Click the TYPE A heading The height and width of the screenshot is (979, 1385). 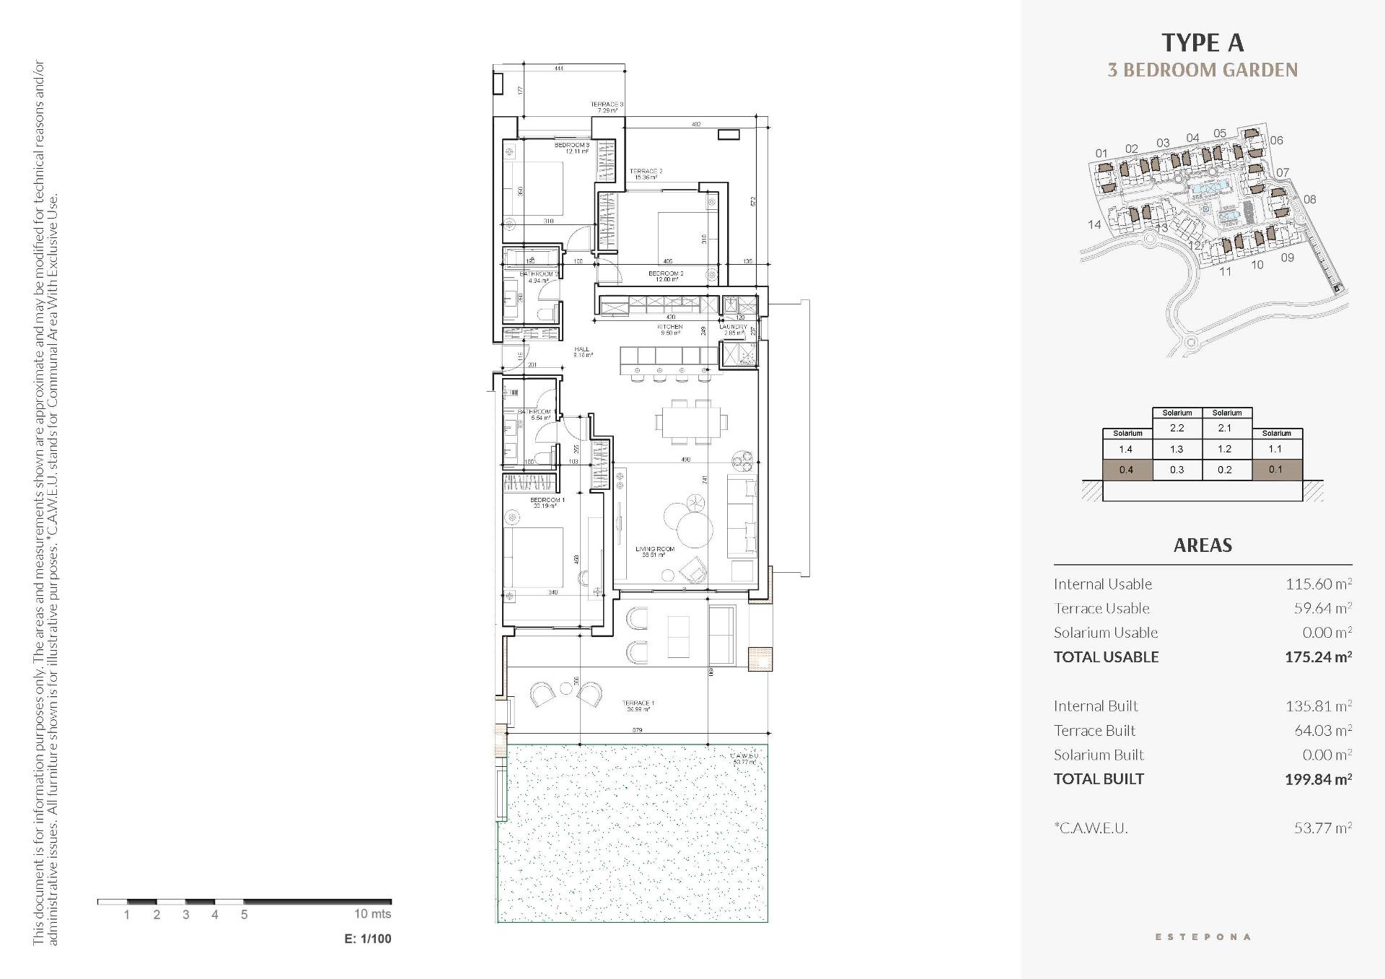coord(1202,43)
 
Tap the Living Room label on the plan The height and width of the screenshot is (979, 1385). coord(655,550)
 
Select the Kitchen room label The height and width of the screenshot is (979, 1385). coord(669,328)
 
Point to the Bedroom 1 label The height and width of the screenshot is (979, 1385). coord(547,501)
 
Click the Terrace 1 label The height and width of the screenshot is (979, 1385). coord(638,703)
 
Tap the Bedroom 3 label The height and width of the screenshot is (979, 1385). coord(572,146)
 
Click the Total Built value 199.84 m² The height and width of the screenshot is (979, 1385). coord(1317,779)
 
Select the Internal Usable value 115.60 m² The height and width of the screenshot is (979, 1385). coord(1318,584)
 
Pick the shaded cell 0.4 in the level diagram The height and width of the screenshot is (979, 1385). coord(1126,470)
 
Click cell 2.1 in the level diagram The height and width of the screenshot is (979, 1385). coord(1225,428)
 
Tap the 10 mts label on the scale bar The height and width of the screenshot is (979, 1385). coord(372,914)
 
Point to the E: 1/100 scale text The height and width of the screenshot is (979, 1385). coord(368,939)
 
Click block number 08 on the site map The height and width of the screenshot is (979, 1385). coord(1309,200)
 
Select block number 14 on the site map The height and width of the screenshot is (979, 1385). coord(1094,225)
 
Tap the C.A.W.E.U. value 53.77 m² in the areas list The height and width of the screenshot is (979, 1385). coord(1322,828)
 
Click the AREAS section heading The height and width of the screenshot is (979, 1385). coord(1202,545)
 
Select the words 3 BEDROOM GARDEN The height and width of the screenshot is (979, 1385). coord(1202,71)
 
